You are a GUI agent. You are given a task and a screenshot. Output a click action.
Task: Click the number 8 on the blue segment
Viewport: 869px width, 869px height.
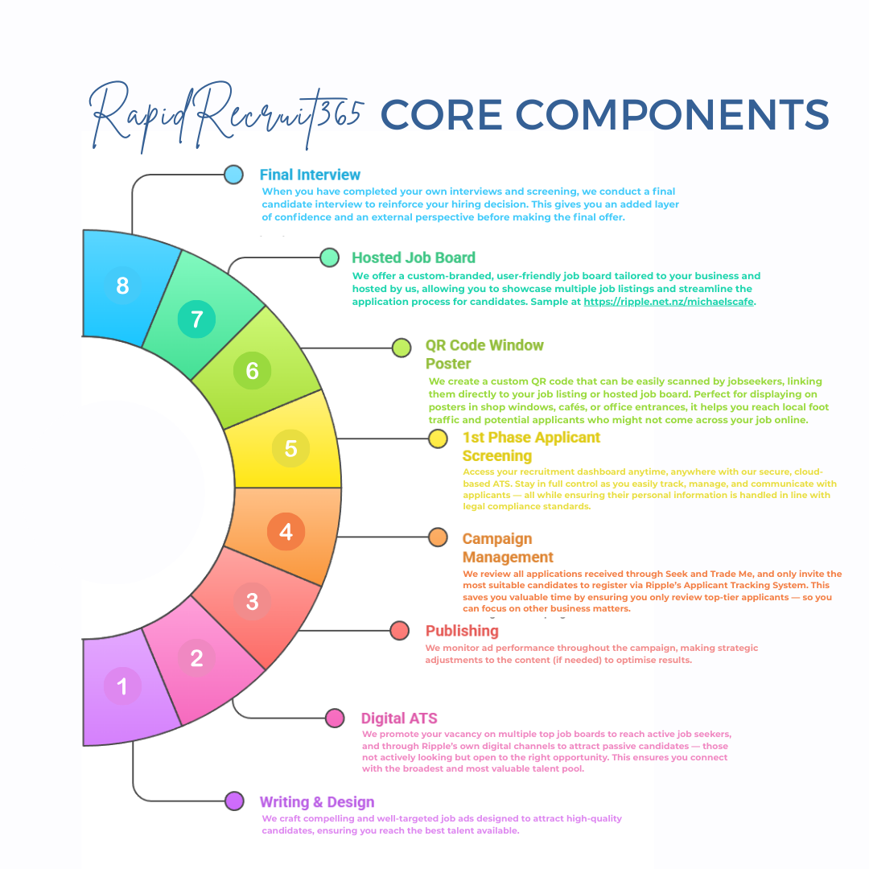pyautogui.click(x=122, y=286)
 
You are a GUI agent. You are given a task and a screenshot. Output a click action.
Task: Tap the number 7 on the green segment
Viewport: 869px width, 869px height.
pyautogui.click(x=196, y=319)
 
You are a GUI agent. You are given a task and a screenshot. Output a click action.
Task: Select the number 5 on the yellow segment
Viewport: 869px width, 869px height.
pyautogui.click(x=291, y=448)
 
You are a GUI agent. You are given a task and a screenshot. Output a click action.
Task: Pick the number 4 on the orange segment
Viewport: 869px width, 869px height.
pyautogui.click(x=286, y=532)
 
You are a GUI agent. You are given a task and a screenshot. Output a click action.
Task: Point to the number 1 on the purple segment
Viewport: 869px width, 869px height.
pyautogui.click(x=122, y=686)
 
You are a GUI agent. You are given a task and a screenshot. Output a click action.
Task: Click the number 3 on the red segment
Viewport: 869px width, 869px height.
pyautogui.click(x=252, y=601)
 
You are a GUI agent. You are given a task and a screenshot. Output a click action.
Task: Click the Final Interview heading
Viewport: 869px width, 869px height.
pyautogui.click(x=310, y=175)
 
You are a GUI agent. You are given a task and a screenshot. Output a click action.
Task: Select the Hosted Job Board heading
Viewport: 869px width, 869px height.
pyautogui.click(x=414, y=257)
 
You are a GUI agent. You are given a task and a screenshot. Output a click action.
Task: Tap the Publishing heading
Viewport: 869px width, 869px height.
pyautogui.click(x=462, y=631)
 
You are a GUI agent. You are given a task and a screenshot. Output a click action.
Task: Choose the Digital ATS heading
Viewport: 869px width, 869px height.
pyautogui.click(x=399, y=719)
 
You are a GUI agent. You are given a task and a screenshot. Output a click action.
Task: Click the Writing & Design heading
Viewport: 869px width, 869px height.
pyautogui.click(x=316, y=801)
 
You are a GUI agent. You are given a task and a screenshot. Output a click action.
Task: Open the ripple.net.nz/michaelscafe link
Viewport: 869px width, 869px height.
pyautogui.click(x=669, y=303)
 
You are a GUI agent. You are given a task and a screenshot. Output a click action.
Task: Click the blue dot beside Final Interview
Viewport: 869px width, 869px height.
pyautogui.click(x=233, y=175)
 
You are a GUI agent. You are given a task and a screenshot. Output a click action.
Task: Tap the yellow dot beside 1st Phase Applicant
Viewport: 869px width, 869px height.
pyautogui.click(x=438, y=439)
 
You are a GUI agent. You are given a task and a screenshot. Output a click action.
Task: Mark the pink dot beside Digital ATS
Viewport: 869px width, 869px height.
pyautogui.click(x=335, y=718)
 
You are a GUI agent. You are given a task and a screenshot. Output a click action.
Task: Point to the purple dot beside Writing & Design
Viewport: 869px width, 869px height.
pyautogui.click(x=234, y=801)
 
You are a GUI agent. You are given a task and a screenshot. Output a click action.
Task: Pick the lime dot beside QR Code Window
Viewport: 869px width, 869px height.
pyautogui.click(x=402, y=348)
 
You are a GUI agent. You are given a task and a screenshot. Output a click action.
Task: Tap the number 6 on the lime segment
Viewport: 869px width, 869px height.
pyautogui.click(x=253, y=370)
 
